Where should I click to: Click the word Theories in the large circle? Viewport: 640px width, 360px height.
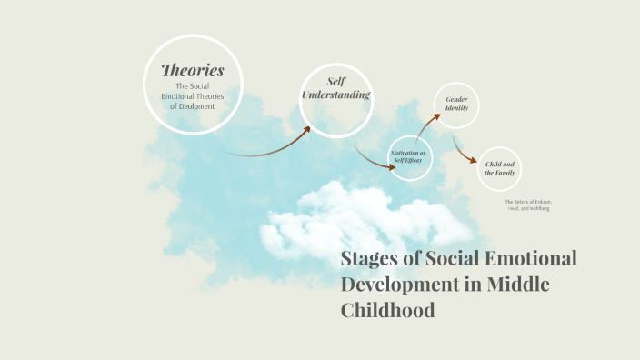[193, 70]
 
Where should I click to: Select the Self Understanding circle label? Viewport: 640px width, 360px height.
[336, 89]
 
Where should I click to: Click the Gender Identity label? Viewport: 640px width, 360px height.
[456, 104]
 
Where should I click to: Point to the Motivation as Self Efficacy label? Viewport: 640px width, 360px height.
[408, 157]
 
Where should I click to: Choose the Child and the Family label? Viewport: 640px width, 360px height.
[500, 167]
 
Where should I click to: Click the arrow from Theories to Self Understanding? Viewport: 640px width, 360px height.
[273, 146]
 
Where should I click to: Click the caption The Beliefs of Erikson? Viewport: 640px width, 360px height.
[528, 201]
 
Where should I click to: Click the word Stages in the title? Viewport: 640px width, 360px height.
[367, 258]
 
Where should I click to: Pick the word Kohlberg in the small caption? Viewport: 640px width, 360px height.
[539, 208]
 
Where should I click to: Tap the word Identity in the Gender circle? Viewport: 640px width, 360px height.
[456, 108]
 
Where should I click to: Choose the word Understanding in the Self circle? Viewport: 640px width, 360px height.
[336, 95]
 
